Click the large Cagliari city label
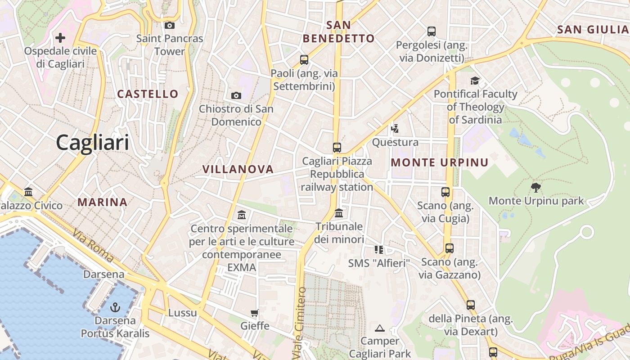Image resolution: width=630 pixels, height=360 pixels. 92,143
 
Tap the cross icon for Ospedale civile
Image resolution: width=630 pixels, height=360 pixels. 60,37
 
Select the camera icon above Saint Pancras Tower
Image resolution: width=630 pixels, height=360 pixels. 170,25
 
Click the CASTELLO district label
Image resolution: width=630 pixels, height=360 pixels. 148,94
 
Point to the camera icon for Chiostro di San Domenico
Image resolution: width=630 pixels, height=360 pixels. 236,95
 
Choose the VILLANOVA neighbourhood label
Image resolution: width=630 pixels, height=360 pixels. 238,169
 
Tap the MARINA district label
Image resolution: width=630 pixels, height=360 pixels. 102,202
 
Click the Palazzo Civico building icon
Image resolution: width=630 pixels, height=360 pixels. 28,192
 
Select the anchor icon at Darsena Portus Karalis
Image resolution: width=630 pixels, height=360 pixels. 115,307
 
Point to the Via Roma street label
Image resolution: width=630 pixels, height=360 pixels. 93,246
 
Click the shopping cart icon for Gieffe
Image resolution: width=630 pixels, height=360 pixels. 255,313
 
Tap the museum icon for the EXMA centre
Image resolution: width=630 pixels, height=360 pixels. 242,215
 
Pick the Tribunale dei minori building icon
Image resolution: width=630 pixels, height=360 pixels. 339,213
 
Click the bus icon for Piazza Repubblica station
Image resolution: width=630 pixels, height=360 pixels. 337,147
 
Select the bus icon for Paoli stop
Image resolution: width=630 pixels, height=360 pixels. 304,59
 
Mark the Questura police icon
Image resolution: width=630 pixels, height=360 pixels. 395,129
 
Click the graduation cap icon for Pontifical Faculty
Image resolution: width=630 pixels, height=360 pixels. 475,81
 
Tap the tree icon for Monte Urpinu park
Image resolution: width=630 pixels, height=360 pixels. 535,187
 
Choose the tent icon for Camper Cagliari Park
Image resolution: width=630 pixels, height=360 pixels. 380,328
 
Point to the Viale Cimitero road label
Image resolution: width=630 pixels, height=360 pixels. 300,323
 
